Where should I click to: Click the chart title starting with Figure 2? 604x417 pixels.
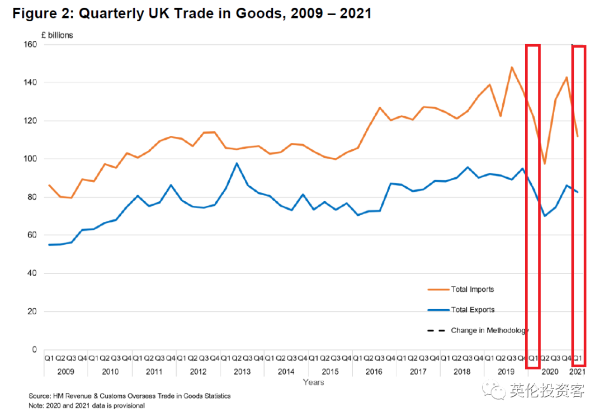click(192, 14)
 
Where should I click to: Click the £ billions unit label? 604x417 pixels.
click(57, 35)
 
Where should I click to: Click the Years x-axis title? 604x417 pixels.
click(313, 382)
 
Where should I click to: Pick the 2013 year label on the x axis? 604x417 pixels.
click(242, 372)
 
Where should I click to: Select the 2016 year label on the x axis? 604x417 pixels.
click(374, 372)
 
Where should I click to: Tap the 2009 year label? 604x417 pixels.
click(66, 372)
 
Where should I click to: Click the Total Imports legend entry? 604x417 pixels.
click(472, 290)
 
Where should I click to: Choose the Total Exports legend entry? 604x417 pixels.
click(473, 310)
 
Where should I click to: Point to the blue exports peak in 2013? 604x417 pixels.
click(237, 163)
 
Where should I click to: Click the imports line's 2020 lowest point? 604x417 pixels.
click(545, 164)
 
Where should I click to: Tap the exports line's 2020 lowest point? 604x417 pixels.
click(545, 216)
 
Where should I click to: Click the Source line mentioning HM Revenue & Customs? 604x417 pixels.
click(130, 396)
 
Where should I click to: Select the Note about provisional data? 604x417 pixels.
click(87, 406)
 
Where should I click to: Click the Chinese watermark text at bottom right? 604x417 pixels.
click(546, 391)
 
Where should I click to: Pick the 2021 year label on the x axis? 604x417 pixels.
click(577, 372)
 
